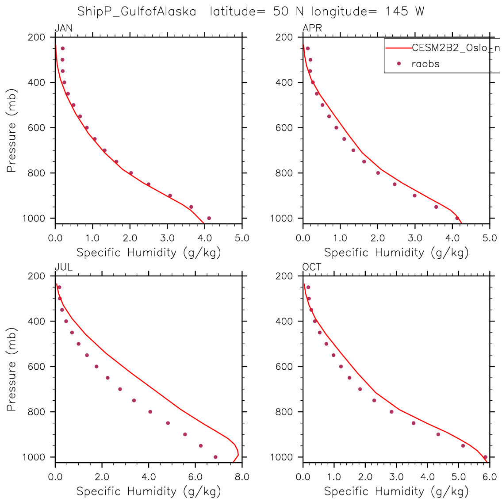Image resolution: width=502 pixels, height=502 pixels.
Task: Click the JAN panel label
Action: pyautogui.click(x=63, y=29)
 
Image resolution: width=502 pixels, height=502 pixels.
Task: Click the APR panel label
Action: pyautogui.click(x=312, y=29)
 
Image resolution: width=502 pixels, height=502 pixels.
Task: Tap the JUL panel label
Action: pyautogui.click(x=63, y=268)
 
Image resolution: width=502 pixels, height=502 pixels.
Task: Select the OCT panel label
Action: pyautogui.click(x=312, y=268)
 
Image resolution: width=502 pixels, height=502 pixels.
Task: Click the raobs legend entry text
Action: pyautogui.click(x=425, y=64)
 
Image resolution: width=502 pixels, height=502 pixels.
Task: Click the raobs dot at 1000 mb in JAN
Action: pyautogui.click(x=209, y=218)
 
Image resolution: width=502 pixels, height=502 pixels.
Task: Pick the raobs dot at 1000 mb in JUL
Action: pyautogui.click(x=215, y=457)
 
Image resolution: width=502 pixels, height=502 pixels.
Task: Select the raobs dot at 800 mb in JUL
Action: pyautogui.click(x=150, y=412)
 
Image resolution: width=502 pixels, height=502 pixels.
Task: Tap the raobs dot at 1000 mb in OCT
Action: pyautogui.click(x=485, y=457)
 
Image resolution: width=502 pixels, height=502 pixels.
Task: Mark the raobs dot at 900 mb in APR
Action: pyautogui.click(x=414, y=195)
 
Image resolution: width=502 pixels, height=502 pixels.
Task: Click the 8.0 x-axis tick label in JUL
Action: pyautogui.click(x=242, y=477)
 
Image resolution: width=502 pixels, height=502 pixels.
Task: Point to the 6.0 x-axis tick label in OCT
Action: pyautogui.click(x=490, y=477)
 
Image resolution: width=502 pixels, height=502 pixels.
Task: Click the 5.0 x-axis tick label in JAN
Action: pyautogui.click(x=242, y=238)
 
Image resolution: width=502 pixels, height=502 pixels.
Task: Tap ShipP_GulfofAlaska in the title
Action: pyautogui.click(x=137, y=11)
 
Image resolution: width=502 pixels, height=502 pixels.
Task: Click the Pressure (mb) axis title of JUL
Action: pyautogui.click(x=12, y=369)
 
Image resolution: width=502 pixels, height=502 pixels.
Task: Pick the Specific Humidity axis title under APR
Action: pyautogui.click(x=396, y=253)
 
